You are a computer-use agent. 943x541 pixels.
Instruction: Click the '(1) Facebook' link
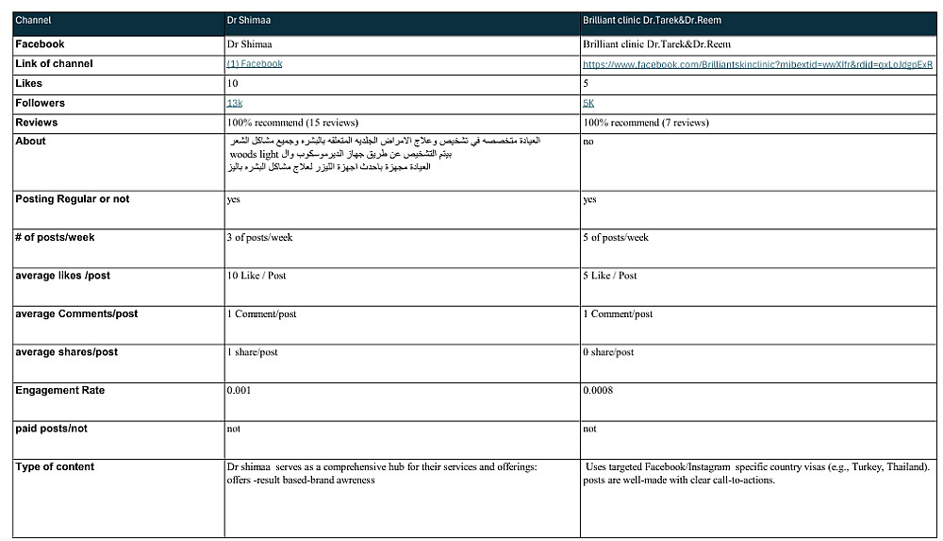point(254,64)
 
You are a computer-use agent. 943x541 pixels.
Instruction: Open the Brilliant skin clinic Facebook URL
point(757,65)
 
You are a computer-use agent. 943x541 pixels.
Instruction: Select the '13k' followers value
point(235,103)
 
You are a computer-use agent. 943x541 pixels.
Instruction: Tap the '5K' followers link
point(588,103)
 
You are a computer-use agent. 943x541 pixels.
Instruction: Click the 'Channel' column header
point(33,19)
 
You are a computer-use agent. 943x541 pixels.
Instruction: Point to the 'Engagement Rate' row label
point(59,390)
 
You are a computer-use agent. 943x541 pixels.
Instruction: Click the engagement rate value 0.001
point(239,390)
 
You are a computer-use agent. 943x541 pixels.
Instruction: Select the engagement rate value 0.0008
point(598,390)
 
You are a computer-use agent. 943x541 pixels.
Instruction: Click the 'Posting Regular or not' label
point(73,199)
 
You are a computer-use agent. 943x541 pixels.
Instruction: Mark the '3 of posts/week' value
point(259,238)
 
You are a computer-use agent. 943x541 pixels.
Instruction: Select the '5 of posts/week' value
point(616,238)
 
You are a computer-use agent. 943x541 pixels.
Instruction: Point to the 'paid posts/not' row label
point(51,429)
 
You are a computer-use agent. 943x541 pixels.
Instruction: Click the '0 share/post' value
point(608,352)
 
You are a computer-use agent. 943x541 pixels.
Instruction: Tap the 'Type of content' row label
point(55,466)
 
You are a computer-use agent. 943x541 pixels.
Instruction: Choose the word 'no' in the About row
point(588,142)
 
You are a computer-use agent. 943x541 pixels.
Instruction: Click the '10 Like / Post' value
point(256,276)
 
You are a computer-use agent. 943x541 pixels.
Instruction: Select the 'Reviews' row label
point(36,123)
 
